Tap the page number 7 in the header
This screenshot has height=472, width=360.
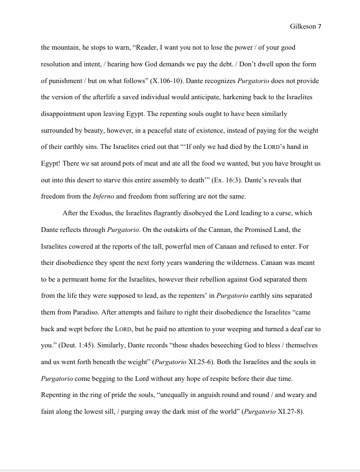click(x=320, y=26)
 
